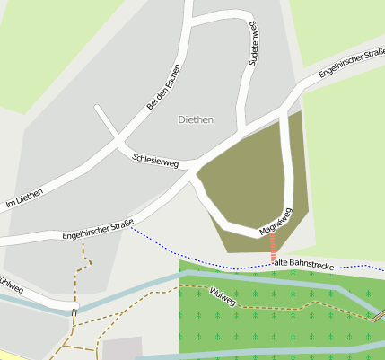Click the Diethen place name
[196, 119]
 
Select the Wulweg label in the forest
[222, 297]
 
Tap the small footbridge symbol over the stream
[74, 310]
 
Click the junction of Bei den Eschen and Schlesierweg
[118, 141]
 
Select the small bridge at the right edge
[380, 315]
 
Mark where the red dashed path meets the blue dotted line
[273, 264]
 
